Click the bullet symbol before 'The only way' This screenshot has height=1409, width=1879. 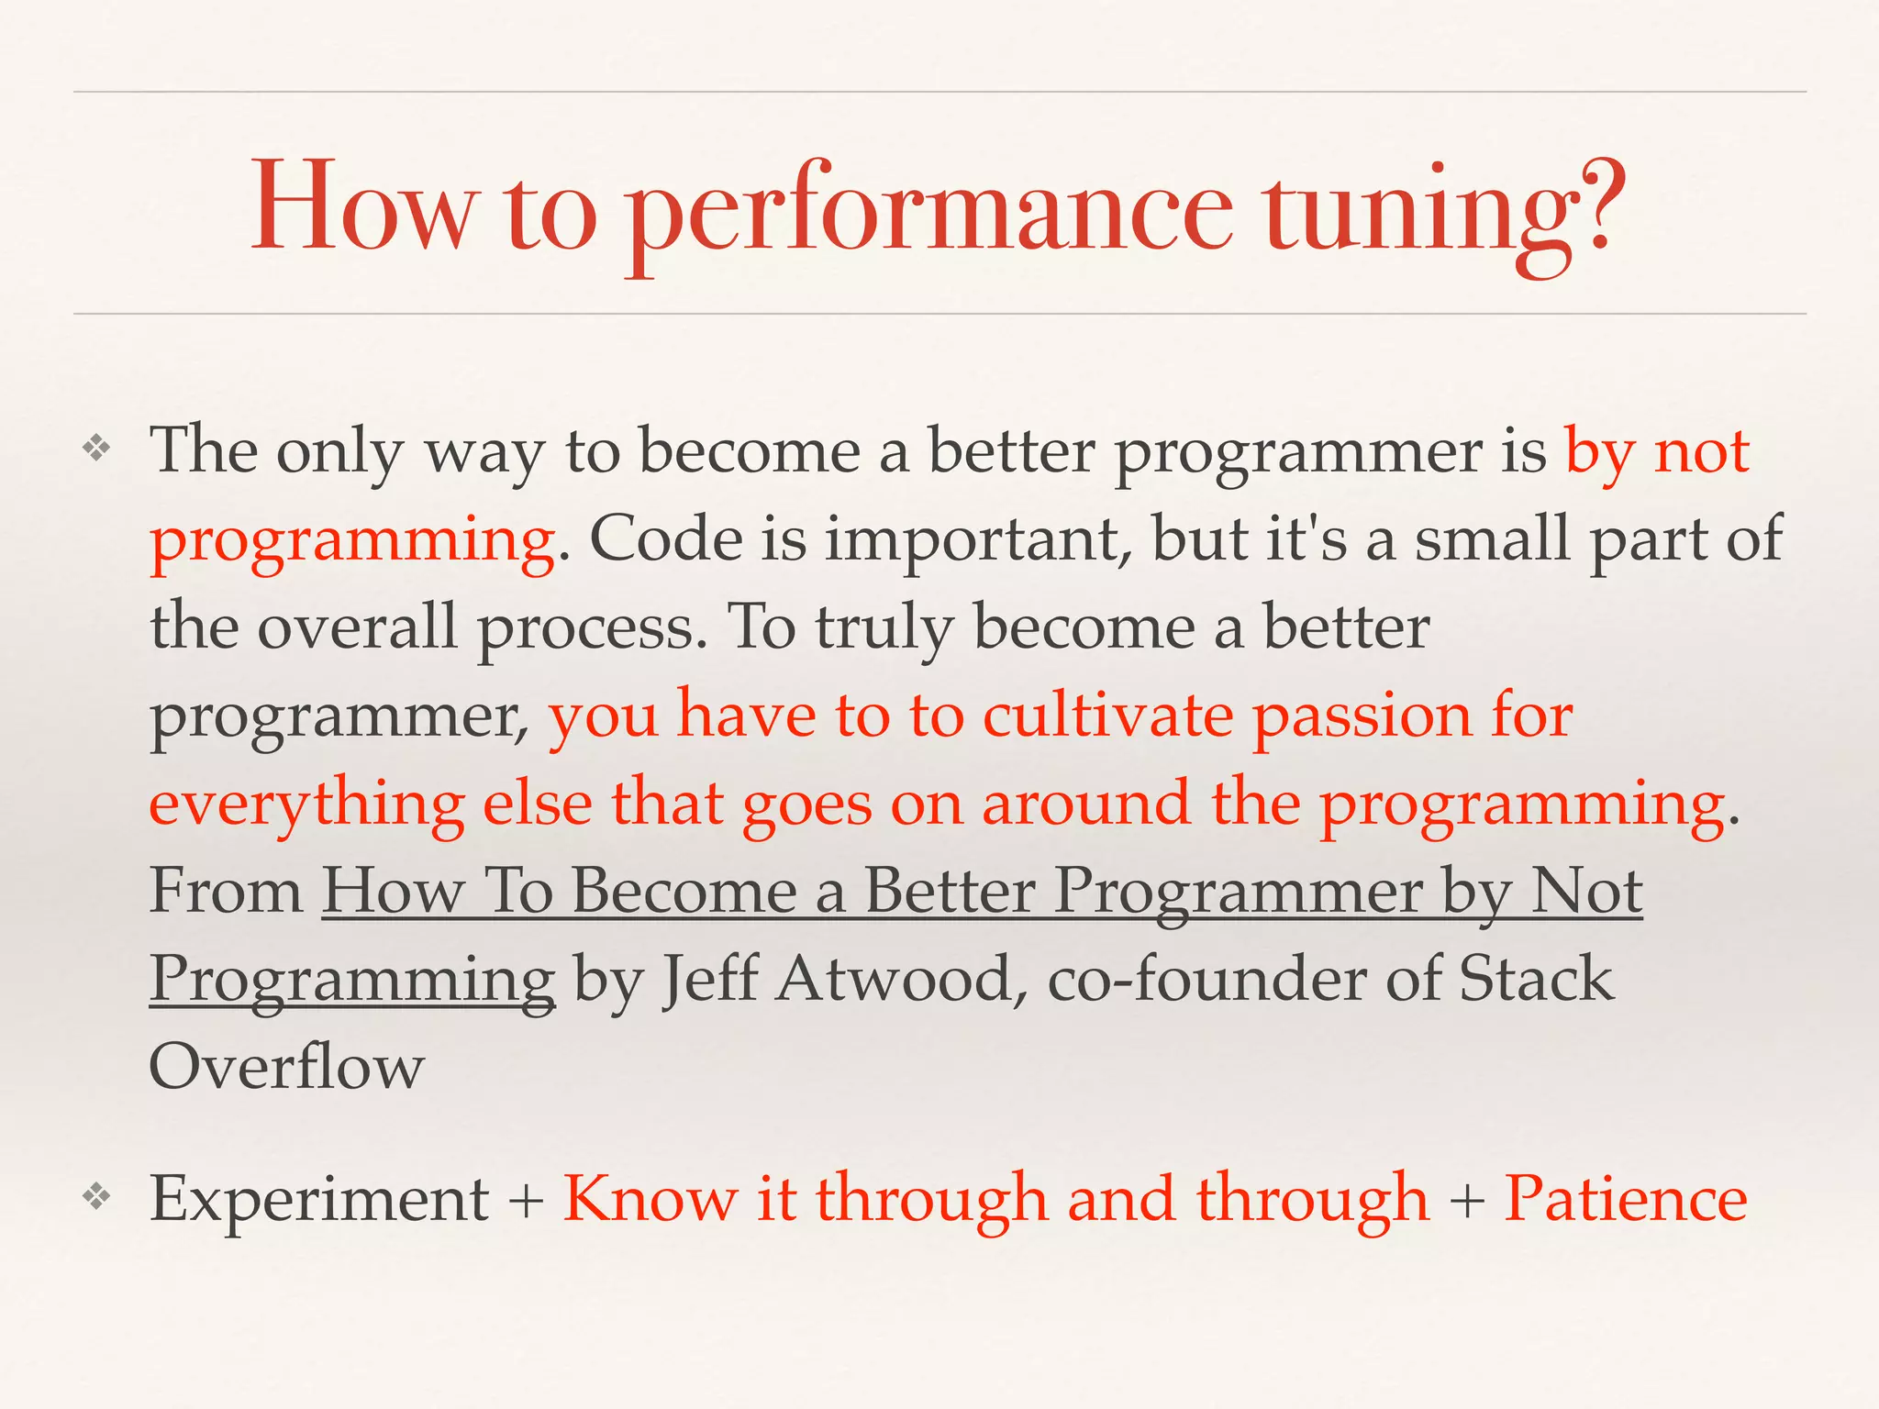(96, 449)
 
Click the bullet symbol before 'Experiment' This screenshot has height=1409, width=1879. (96, 1195)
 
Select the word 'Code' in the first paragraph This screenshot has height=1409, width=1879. (665, 538)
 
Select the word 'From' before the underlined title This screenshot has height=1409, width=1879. (226, 892)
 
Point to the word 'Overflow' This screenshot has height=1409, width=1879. (286, 1067)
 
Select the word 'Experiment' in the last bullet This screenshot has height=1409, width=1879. (319, 1199)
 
